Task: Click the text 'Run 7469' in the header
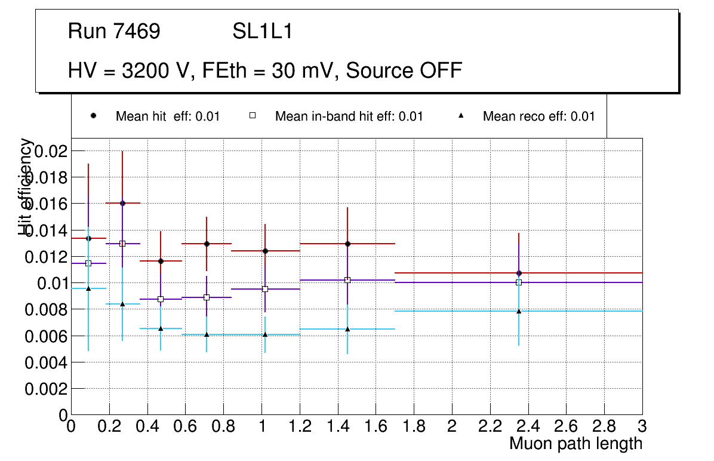[114, 31]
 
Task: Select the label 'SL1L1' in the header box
[263, 31]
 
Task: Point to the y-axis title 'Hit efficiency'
[26, 186]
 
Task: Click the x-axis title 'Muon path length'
[575, 444]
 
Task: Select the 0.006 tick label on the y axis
[45, 336]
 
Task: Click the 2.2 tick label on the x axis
[490, 426]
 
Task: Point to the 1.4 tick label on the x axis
[337, 426]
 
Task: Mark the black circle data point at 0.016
[122, 203]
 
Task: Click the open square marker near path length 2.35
[519, 282]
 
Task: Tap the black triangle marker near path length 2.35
[519, 311]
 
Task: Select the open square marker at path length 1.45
[347, 279]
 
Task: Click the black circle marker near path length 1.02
[265, 251]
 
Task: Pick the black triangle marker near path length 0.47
[161, 328]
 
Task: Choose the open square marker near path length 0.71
[207, 297]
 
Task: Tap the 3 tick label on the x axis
[642, 426]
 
